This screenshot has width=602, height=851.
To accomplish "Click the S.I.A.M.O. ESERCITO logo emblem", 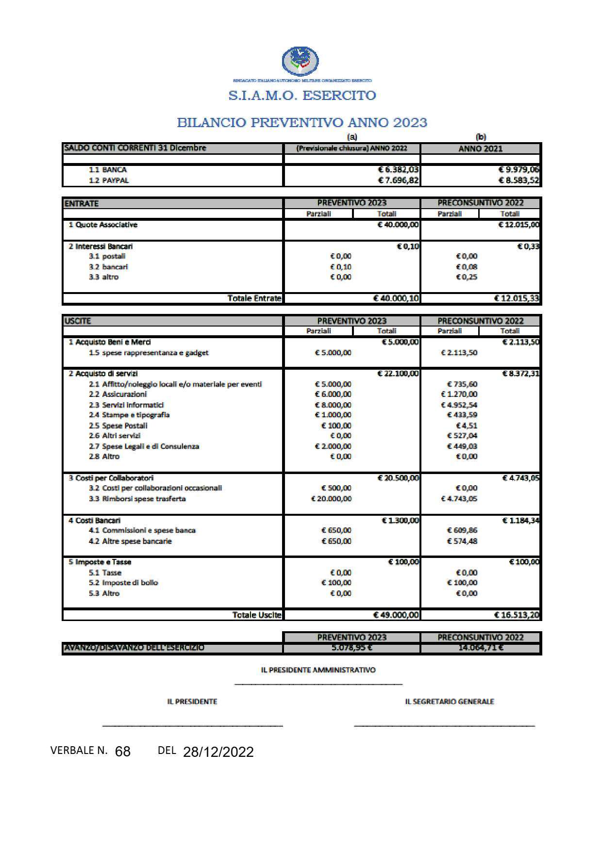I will pyautogui.click(x=301, y=61).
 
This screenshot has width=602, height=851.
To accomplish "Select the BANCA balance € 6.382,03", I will pyautogui.click(x=399, y=170).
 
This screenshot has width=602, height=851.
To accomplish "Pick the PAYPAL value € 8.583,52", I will pyautogui.click(x=519, y=180).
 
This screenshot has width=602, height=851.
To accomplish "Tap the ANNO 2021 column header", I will pyautogui.click(x=480, y=149).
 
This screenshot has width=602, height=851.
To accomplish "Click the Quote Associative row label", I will pyautogui.click(x=103, y=225).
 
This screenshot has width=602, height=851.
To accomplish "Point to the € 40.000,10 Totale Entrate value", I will pyautogui.click(x=396, y=298).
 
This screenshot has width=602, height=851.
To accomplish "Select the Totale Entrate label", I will pyautogui.click(x=254, y=298).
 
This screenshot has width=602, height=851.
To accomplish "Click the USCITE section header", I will pyautogui.click(x=78, y=321).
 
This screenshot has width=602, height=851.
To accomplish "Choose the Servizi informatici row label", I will pyautogui.click(x=133, y=405).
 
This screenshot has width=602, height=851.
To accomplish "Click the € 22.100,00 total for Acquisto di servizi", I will pyautogui.click(x=398, y=374).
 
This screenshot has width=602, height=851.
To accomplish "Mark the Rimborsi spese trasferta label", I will pyautogui.click(x=144, y=499).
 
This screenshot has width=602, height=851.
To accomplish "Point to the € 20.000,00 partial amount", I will pyautogui.click(x=331, y=499).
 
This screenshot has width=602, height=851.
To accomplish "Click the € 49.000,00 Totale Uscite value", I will pyautogui.click(x=396, y=615).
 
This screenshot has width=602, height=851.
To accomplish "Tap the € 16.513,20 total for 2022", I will pyautogui.click(x=517, y=615).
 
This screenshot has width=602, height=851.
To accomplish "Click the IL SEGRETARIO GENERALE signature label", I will pyautogui.click(x=450, y=702).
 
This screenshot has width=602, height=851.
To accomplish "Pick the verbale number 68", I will pyautogui.click(x=123, y=752).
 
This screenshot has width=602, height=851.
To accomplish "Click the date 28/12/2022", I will pyautogui.click(x=218, y=752).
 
